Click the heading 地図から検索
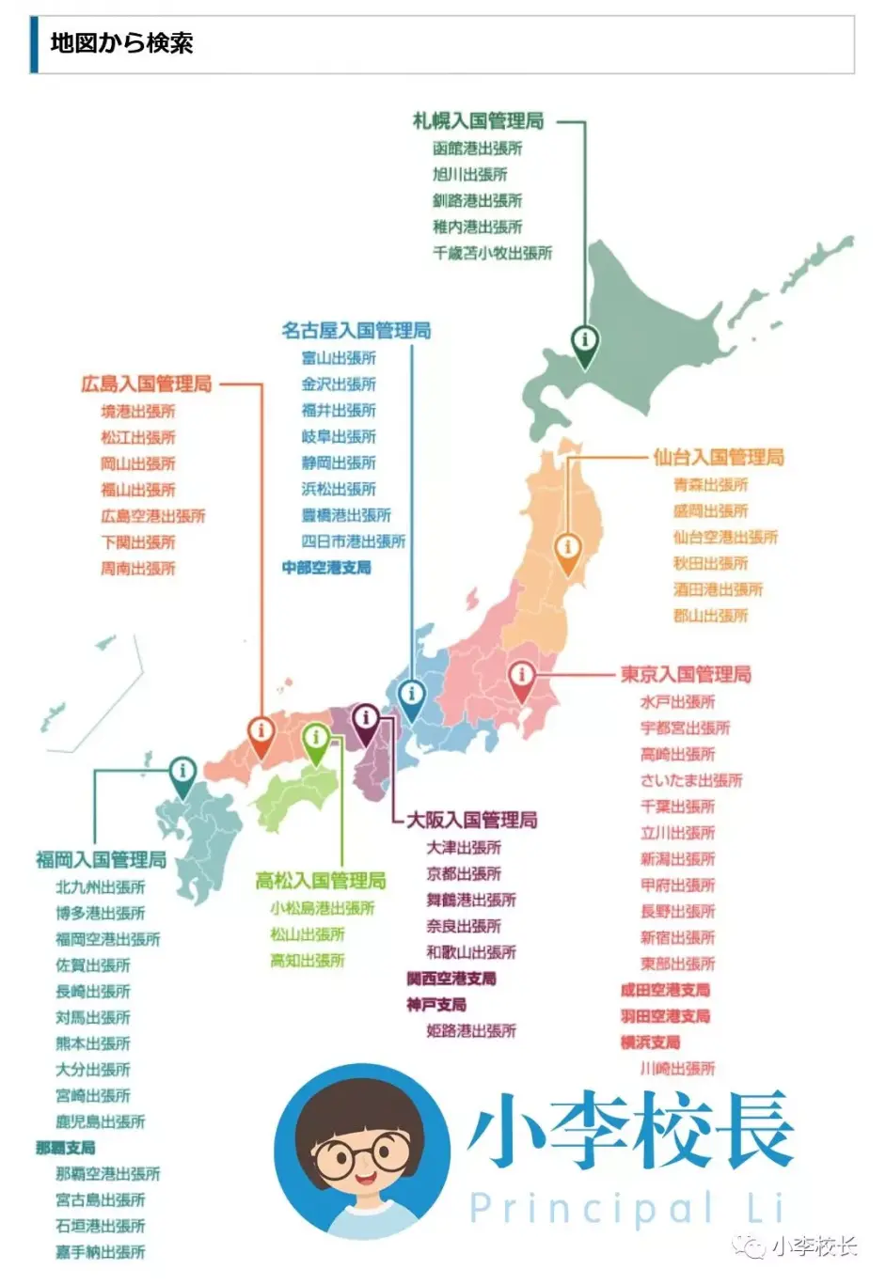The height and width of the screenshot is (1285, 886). (121, 43)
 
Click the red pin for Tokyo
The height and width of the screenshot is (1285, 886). (521, 677)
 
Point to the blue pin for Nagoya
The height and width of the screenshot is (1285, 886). (411, 697)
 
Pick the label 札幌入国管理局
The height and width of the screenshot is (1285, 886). (478, 121)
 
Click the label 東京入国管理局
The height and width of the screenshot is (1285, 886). (686, 674)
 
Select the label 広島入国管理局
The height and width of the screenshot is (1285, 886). (147, 384)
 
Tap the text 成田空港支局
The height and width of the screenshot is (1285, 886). (665, 990)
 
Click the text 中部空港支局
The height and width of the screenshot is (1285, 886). (326, 568)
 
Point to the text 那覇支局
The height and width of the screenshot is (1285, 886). (66, 1148)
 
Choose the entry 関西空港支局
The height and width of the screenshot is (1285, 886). (451, 979)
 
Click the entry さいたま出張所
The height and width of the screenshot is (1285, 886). (691, 780)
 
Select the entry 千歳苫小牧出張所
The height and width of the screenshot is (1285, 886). (492, 253)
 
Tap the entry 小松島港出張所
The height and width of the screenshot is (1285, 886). (322, 908)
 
